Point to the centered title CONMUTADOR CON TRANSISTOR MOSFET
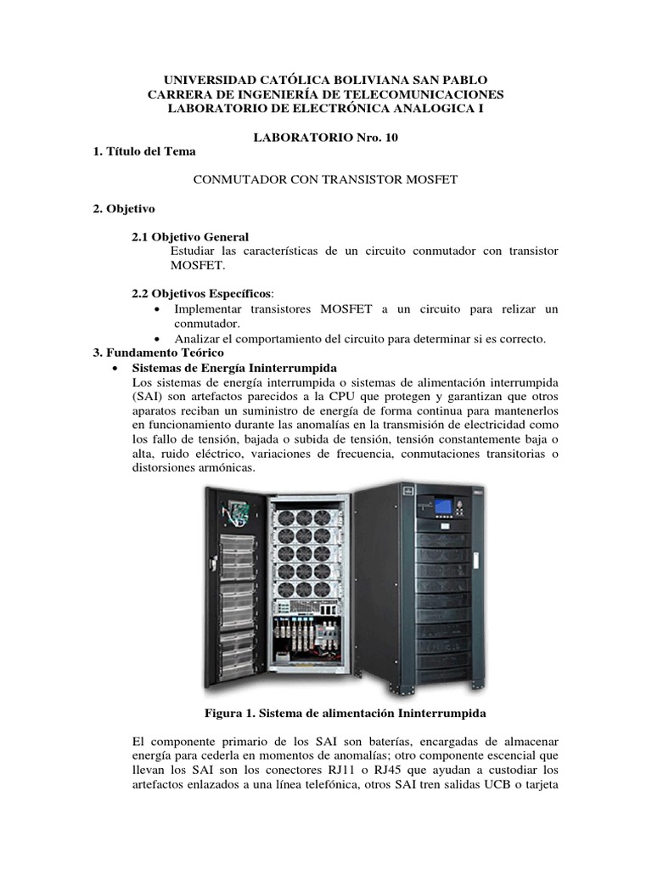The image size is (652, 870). [327, 180]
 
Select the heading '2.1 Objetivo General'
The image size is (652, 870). [190, 237]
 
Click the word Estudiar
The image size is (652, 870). [194, 251]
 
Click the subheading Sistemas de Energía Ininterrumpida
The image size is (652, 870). [235, 367]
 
